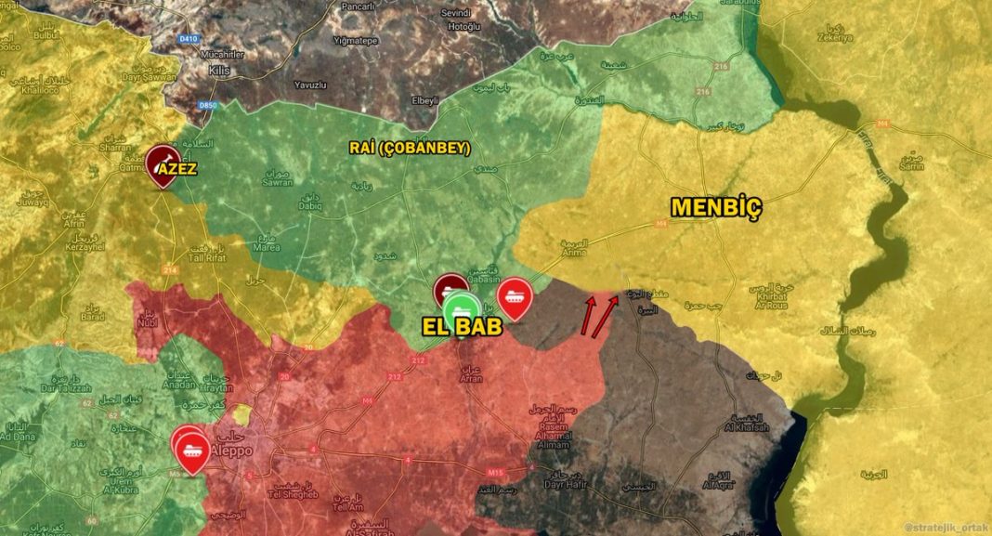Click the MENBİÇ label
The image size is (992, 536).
click(717, 208)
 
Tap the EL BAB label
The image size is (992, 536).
click(463, 328)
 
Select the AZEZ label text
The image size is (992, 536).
click(176, 169)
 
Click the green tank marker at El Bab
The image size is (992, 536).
click(461, 309)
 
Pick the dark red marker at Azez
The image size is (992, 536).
click(163, 163)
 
